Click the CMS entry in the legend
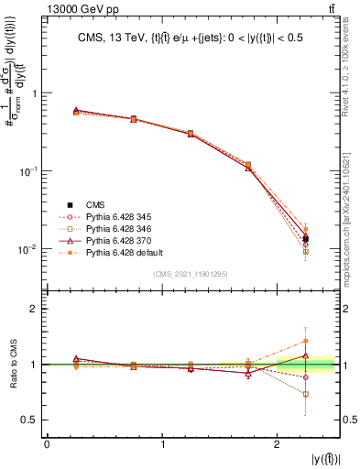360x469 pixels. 94,204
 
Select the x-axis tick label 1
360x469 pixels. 163,444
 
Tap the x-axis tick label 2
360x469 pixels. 278,444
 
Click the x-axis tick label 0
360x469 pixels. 48,444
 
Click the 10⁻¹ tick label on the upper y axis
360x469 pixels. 30,171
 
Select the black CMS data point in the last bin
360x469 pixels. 306,238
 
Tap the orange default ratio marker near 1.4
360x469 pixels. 306,342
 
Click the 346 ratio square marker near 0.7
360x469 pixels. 306,394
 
